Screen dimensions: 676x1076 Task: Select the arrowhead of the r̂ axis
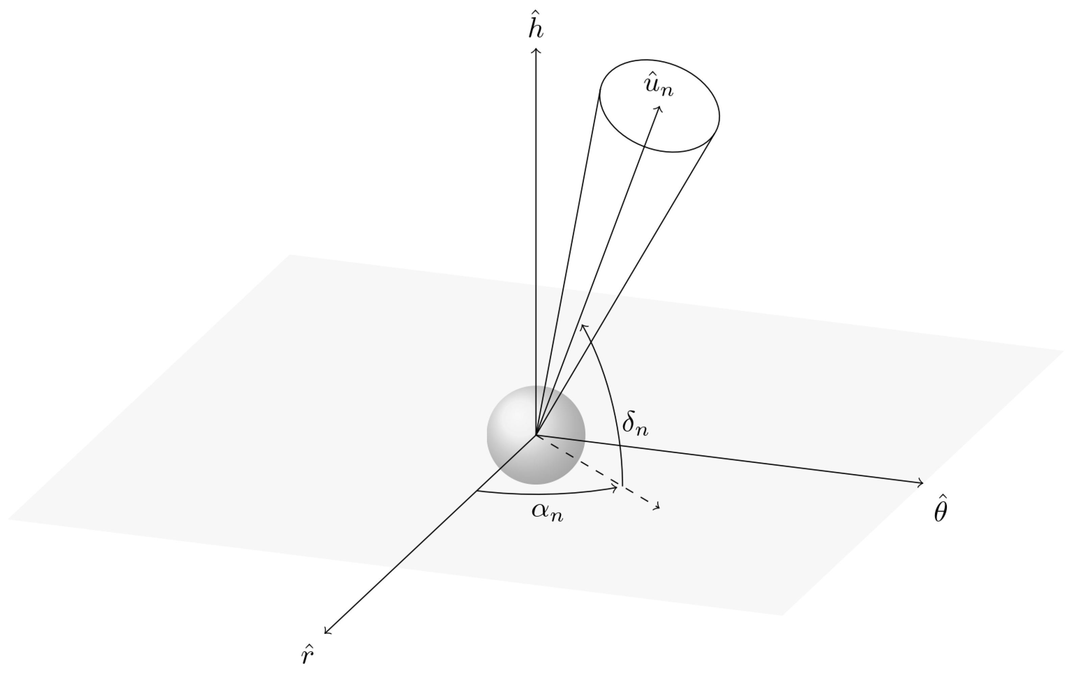[326, 632]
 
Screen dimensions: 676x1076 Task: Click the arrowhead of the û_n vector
[659, 108]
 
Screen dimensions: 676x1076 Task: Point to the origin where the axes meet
[536, 435]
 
